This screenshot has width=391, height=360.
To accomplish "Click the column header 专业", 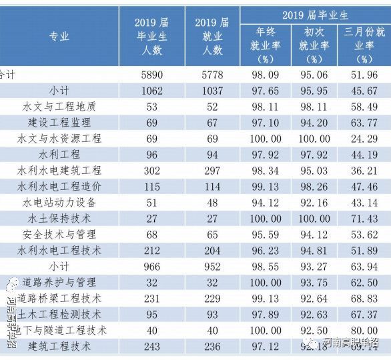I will [x=59, y=37].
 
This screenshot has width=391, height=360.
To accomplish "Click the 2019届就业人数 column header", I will [x=212, y=37].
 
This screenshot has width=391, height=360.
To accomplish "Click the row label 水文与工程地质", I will [x=59, y=107].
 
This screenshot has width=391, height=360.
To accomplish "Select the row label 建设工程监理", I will [x=59, y=123].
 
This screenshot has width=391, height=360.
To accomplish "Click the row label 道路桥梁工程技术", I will [x=59, y=298].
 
